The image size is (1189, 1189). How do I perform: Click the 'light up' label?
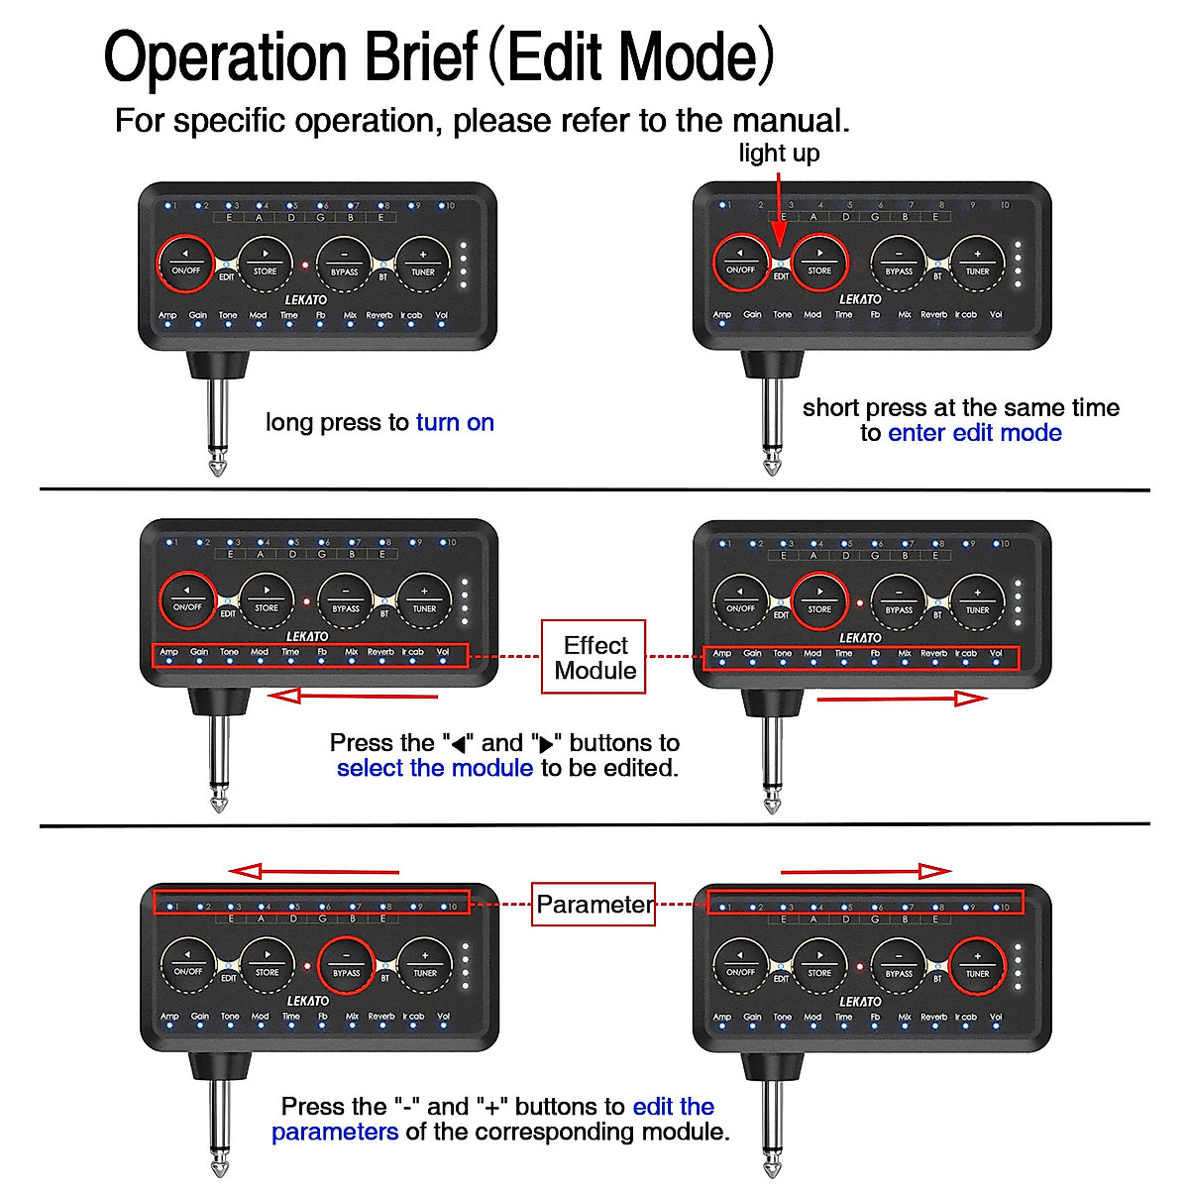click(779, 153)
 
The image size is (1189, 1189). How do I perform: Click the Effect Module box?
click(594, 658)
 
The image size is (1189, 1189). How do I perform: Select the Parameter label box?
click(594, 905)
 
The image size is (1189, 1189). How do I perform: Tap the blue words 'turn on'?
click(455, 423)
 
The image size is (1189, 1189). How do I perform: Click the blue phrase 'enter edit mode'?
click(975, 433)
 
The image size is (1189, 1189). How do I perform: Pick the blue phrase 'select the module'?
click(435, 768)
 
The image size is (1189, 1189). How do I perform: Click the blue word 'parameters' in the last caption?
click(335, 1132)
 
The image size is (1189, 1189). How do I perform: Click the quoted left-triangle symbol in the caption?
click(458, 744)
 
